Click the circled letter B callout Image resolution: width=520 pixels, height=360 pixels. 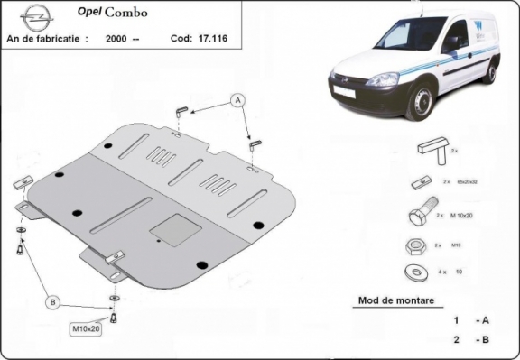[53, 301]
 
